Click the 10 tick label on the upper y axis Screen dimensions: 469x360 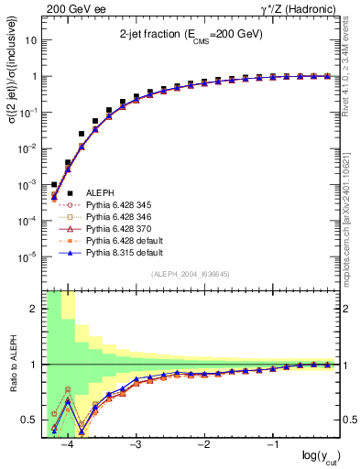tap(32, 40)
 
